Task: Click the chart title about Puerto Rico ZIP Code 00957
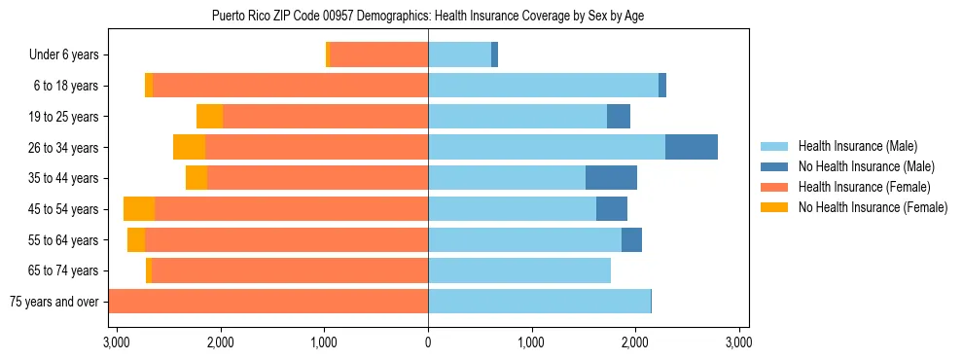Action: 428,16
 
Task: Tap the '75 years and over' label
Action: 53,302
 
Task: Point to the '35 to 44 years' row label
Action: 63,178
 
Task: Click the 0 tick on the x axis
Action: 428,342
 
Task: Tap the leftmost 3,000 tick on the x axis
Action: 117,342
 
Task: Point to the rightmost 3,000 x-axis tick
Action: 738,342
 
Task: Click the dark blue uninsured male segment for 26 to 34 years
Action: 692,148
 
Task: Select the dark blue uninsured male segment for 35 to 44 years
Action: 611,178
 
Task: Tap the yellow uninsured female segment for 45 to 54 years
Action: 139,209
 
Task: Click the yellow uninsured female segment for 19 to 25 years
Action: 209,117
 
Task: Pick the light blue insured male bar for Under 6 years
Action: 459,55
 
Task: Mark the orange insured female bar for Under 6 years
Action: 379,55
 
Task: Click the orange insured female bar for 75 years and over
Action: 268,302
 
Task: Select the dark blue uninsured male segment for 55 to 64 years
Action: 631,240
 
